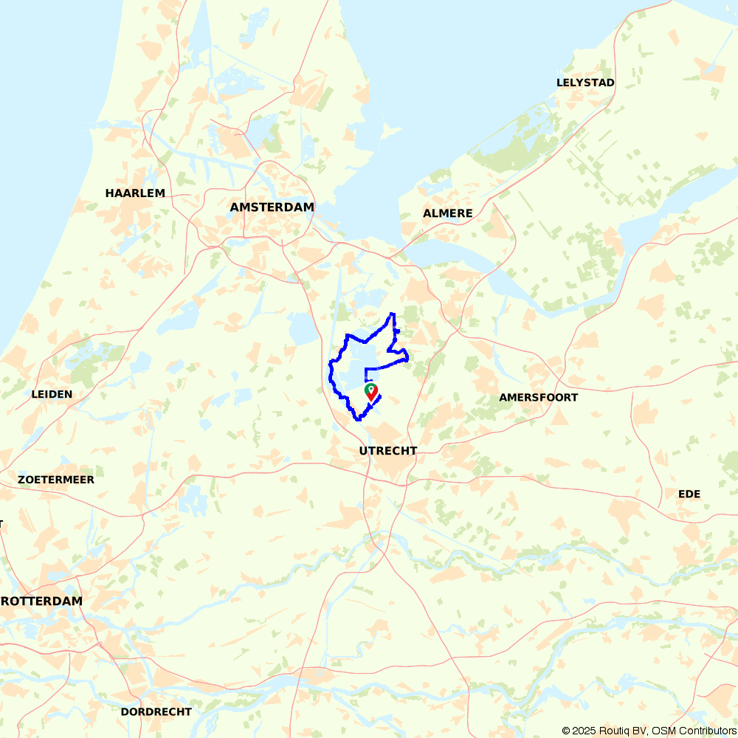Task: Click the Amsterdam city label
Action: tap(272, 207)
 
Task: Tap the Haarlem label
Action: tap(135, 193)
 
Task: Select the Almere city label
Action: tap(447, 213)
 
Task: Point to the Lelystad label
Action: tap(585, 83)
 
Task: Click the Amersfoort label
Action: tap(538, 397)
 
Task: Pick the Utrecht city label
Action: tap(387, 451)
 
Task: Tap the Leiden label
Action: tap(52, 394)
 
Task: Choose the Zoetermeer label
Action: tap(56, 480)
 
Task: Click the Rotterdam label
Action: tap(41, 601)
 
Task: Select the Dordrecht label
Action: tap(156, 712)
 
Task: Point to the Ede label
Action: tap(689, 494)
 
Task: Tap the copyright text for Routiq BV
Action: tap(604, 731)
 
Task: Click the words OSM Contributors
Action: tap(693, 731)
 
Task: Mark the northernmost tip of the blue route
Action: tap(392, 314)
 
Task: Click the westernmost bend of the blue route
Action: tap(329, 365)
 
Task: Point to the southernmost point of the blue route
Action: tap(359, 419)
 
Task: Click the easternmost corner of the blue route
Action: tap(408, 359)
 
